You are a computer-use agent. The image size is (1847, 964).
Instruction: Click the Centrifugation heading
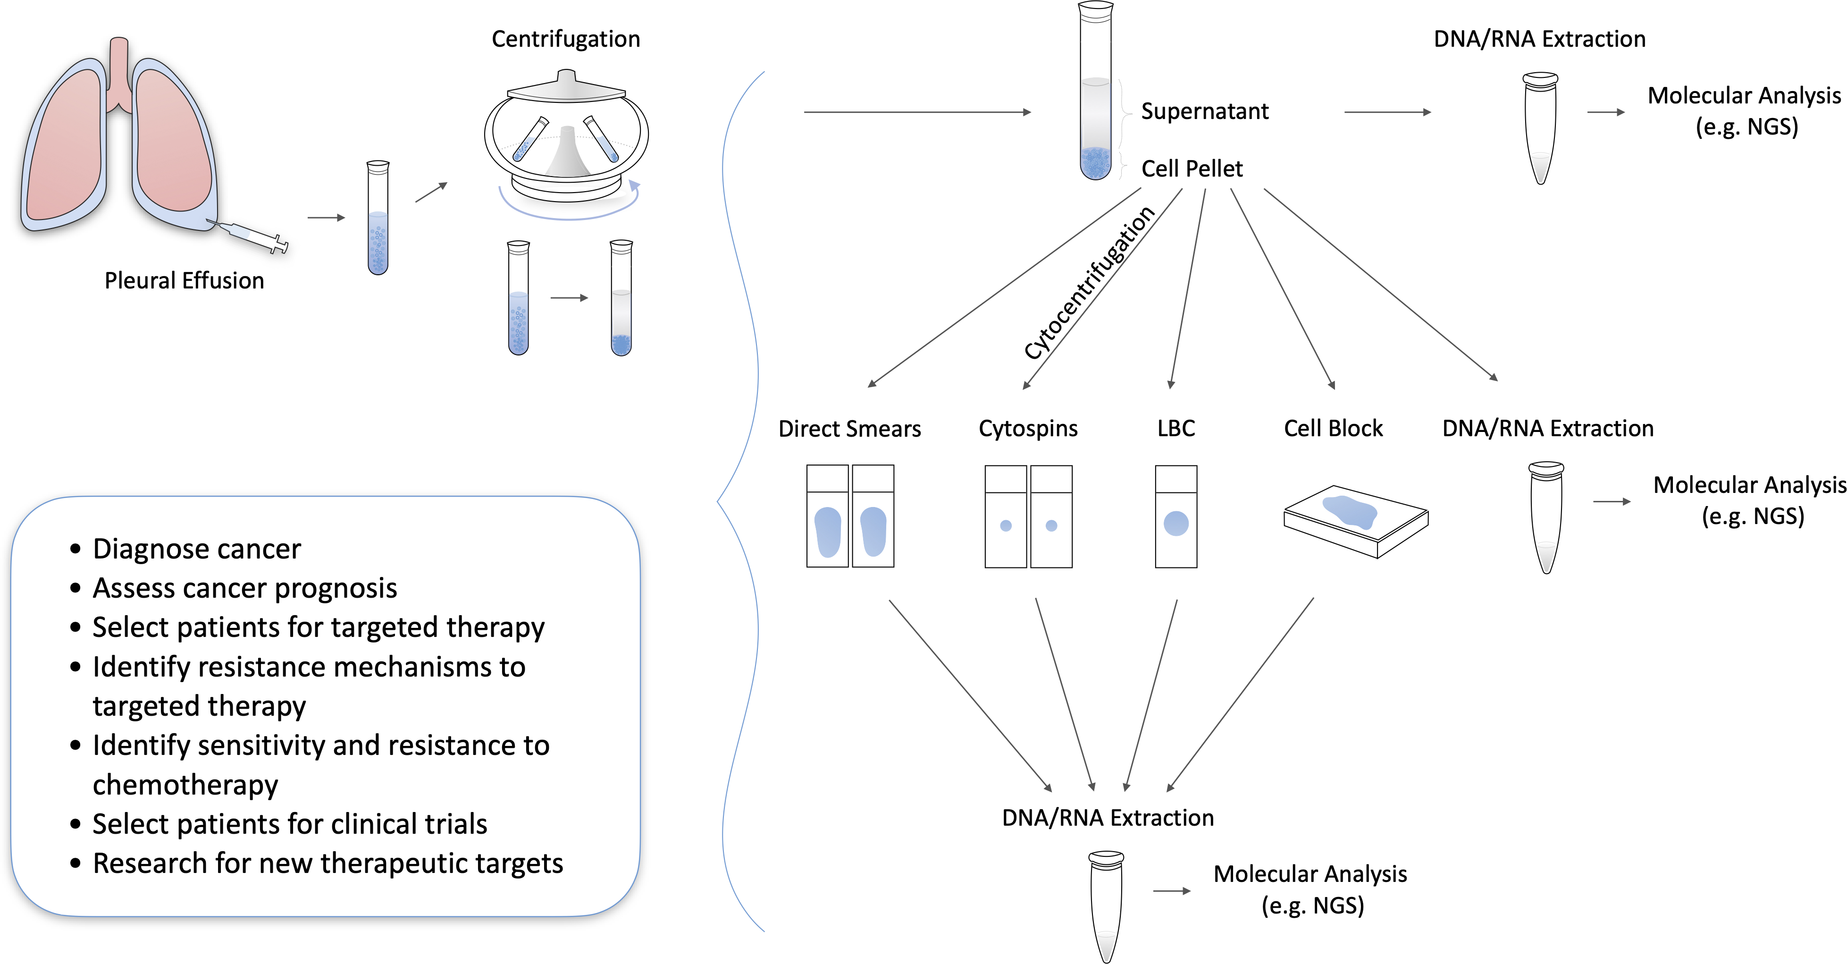(x=566, y=39)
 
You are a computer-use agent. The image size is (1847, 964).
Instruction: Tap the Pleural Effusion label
(x=184, y=280)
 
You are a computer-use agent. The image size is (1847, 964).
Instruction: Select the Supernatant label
(x=1205, y=111)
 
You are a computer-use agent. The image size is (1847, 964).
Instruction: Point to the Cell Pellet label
(x=1192, y=169)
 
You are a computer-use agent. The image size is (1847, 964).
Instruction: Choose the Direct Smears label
(x=850, y=429)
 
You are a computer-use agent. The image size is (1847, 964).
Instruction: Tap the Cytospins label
(x=1028, y=429)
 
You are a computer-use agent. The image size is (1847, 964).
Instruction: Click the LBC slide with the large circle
(x=1176, y=516)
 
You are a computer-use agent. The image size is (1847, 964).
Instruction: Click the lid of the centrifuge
(x=566, y=87)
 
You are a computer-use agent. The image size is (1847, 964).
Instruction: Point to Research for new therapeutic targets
(x=327, y=863)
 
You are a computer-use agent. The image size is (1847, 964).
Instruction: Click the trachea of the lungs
(x=119, y=72)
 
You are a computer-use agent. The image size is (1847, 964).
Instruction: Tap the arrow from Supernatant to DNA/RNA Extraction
(x=1387, y=112)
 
